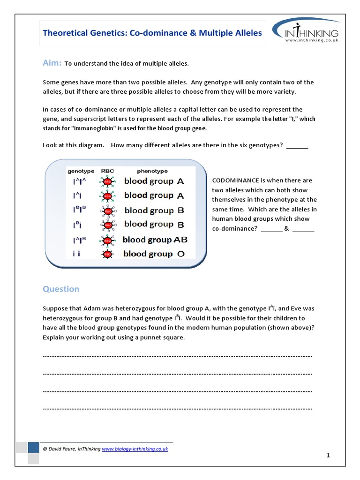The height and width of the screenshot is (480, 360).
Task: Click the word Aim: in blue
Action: pos(52,63)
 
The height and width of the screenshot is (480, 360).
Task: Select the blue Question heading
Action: pos(61,289)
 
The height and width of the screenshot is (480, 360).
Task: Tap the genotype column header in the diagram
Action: pos(81,171)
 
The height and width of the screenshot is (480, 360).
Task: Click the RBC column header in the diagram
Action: pos(107,171)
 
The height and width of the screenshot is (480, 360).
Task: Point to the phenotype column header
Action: pos(152,171)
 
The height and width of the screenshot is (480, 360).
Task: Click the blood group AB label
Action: pos(155,240)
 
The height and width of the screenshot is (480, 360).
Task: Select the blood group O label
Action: pos(154,254)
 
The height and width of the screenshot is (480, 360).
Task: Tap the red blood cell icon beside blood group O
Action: pos(107,254)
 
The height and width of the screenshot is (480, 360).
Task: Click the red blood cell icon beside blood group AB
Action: pos(107,240)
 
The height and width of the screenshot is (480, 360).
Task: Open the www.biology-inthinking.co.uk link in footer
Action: pos(135,449)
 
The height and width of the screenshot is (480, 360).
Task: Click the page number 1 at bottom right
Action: pos(328,455)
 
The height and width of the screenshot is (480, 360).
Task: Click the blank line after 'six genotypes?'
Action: pos(297,145)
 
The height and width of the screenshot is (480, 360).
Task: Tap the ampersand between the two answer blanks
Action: pos(287,229)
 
